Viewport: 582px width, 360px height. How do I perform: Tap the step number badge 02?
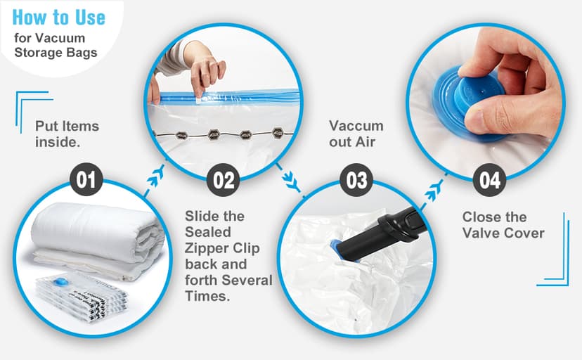[223, 180]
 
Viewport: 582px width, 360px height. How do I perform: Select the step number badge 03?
[356, 180]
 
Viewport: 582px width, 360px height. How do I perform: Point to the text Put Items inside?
[67, 134]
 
